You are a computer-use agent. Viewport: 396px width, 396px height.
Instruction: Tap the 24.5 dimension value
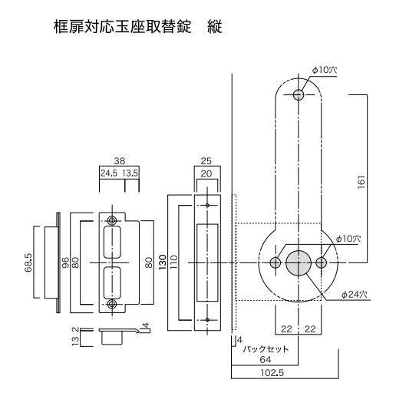tap(108, 174)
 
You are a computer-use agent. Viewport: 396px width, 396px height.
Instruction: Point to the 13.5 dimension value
tap(129, 174)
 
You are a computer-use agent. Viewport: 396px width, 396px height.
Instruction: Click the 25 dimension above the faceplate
tap(206, 162)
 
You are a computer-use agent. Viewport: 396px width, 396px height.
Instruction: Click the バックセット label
tap(264, 346)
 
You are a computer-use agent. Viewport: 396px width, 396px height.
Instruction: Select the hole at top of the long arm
tap(298, 94)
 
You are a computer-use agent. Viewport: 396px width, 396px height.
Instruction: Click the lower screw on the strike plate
tap(114, 305)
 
